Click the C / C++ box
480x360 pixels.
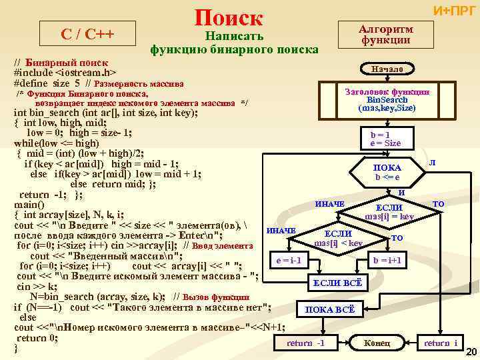pyautogui.click(x=87, y=33)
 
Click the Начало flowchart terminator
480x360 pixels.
pyautogui.click(x=387, y=69)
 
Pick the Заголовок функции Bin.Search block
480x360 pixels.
pyautogui.click(x=387, y=99)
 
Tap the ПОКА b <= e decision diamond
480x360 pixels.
pyautogui.click(x=387, y=172)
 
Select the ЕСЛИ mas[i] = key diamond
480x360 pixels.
pyautogui.click(x=389, y=212)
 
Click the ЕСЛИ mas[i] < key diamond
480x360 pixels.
pyautogui.click(x=338, y=238)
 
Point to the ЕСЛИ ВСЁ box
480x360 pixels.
pyautogui.click(x=337, y=283)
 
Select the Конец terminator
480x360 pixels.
pyautogui.click(x=377, y=343)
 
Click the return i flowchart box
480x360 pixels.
pyautogui.click(x=441, y=343)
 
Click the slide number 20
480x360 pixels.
pyautogui.click(x=471, y=352)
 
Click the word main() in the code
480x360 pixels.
pyautogui.click(x=29, y=205)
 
